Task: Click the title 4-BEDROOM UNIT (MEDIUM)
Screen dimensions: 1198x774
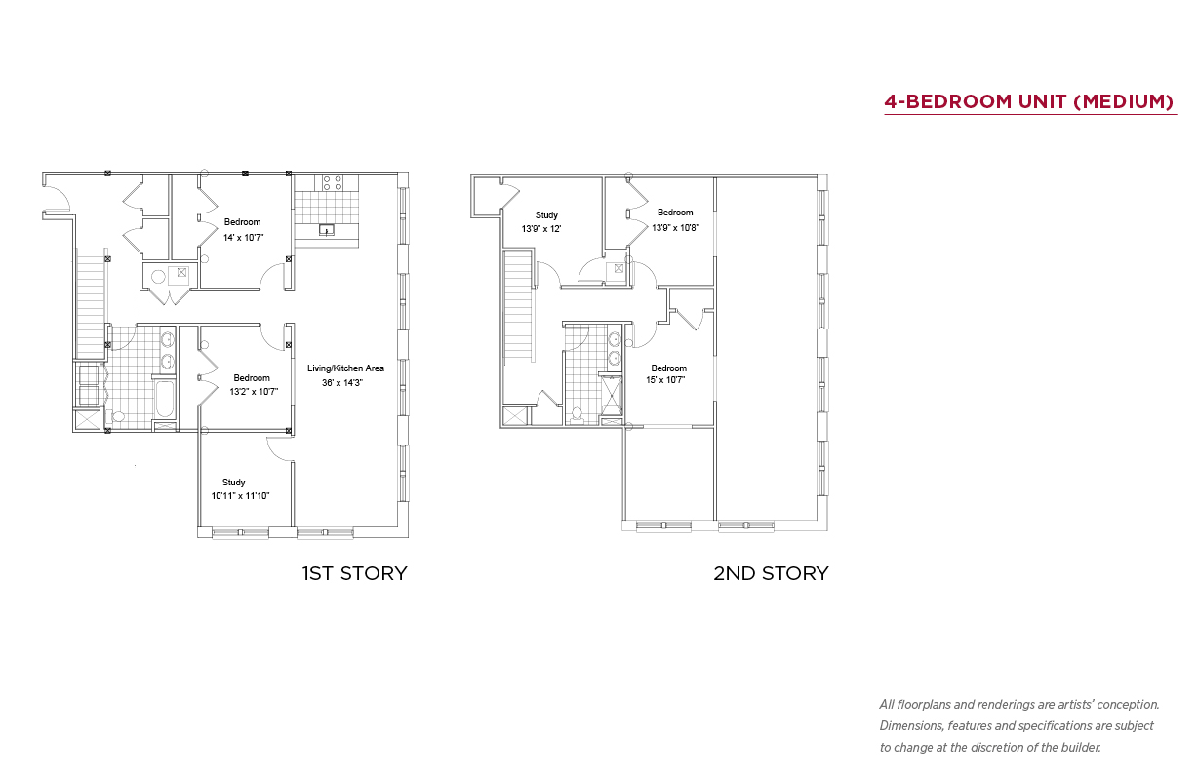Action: (1029, 101)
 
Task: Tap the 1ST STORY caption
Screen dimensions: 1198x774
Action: (354, 573)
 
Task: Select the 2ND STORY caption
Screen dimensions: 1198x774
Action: (771, 573)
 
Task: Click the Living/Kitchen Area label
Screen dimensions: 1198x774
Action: (345, 368)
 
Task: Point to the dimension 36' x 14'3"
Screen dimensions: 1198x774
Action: (342, 383)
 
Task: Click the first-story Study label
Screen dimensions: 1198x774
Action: (234, 483)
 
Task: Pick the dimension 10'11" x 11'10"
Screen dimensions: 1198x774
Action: (240, 496)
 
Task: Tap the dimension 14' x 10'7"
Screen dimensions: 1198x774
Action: (244, 237)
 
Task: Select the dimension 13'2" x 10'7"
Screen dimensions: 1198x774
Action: (254, 392)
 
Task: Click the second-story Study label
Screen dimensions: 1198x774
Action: (546, 215)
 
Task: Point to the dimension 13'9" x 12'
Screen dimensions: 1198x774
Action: (541, 229)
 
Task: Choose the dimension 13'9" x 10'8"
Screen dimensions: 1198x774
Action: (675, 228)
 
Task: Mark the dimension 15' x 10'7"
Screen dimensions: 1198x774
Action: (665, 380)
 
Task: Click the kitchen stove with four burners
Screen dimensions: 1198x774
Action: (333, 183)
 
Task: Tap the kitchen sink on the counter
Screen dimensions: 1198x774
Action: (326, 230)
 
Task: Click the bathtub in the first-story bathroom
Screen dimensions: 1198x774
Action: (164, 399)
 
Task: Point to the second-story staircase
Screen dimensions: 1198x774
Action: (518, 306)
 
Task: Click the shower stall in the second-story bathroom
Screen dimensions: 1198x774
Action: (612, 396)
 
